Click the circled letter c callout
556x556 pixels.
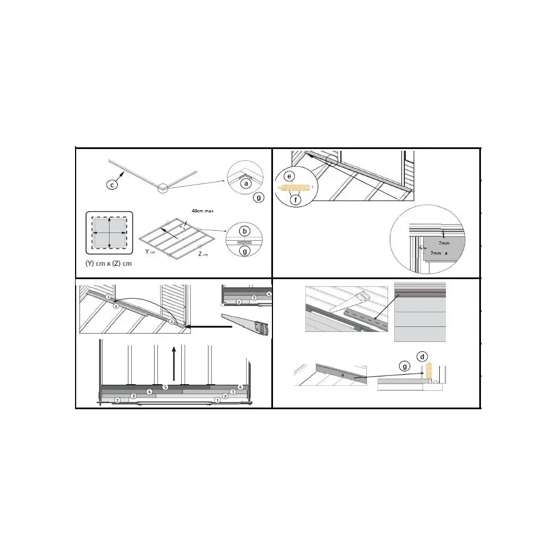pos(112,185)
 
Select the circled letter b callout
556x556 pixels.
pos(244,231)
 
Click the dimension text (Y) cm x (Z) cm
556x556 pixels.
pos(109,263)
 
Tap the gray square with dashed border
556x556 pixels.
pos(109,230)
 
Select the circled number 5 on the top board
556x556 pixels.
pos(165,386)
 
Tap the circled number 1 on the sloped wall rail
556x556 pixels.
pos(108,297)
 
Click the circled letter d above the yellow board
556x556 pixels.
pos(423,355)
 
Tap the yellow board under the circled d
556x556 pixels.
pos(429,370)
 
